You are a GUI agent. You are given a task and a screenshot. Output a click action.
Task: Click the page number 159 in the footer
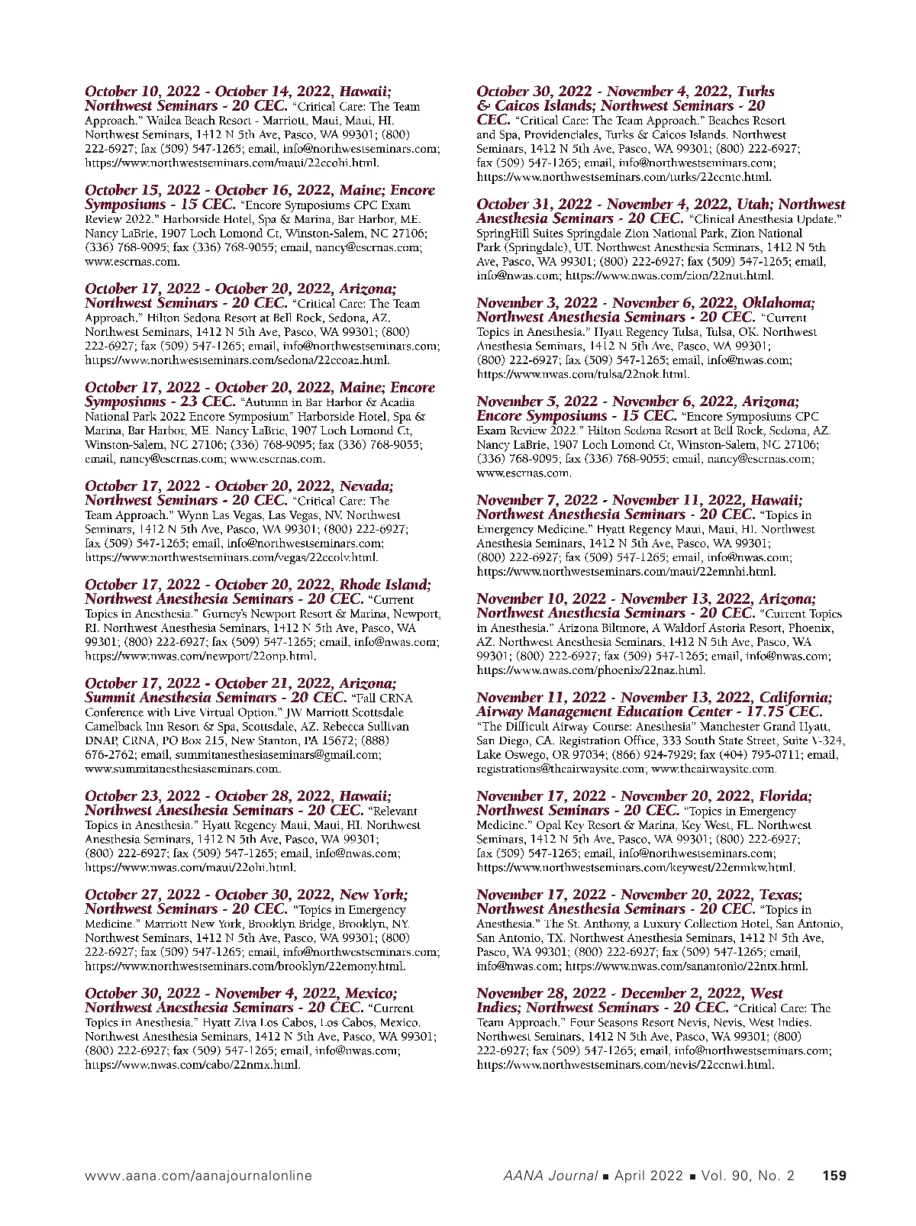pos(834,1176)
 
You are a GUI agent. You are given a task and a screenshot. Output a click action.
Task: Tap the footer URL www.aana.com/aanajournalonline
pos(198,1176)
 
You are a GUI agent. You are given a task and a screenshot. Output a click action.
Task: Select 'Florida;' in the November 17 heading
pos(785,796)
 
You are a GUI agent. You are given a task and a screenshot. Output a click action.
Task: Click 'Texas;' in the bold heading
pos(781,895)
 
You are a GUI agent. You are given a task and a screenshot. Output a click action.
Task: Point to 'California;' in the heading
pos(795,698)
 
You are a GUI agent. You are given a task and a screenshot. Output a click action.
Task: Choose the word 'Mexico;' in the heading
pos(371,993)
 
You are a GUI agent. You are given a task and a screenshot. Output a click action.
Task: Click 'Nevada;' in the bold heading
pos(366,486)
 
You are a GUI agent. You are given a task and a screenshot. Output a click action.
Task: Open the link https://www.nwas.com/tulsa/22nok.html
pos(583,374)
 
